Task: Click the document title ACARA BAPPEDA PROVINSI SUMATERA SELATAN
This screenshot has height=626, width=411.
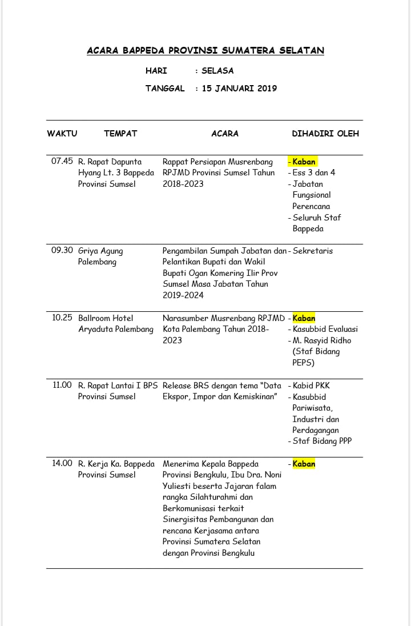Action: (205, 51)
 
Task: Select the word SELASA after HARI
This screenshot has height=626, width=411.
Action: (217, 71)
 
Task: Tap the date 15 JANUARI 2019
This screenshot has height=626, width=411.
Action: (240, 89)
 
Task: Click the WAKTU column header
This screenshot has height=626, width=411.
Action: (62, 134)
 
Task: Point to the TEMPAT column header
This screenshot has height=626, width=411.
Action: (120, 134)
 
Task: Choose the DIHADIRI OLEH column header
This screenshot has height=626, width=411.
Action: (325, 134)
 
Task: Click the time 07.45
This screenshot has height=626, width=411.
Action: (62, 162)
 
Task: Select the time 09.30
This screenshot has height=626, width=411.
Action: (62, 251)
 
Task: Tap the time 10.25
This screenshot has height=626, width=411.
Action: (62, 318)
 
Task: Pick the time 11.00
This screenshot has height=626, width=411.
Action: (62, 386)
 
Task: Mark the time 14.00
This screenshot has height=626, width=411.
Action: (62, 464)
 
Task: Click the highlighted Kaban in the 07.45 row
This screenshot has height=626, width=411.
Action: (304, 162)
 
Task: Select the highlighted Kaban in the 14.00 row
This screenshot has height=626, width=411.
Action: (304, 464)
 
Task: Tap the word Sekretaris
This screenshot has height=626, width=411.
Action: (312, 251)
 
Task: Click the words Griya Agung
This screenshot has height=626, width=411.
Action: (100, 251)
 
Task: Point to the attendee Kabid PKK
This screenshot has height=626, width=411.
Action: (311, 386)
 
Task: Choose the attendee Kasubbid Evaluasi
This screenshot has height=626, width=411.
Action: (325, 329)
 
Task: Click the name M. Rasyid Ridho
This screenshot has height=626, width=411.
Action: (322, 340)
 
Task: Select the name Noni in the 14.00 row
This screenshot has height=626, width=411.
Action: (271, 475)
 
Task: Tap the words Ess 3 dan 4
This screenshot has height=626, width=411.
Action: (314, 172)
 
